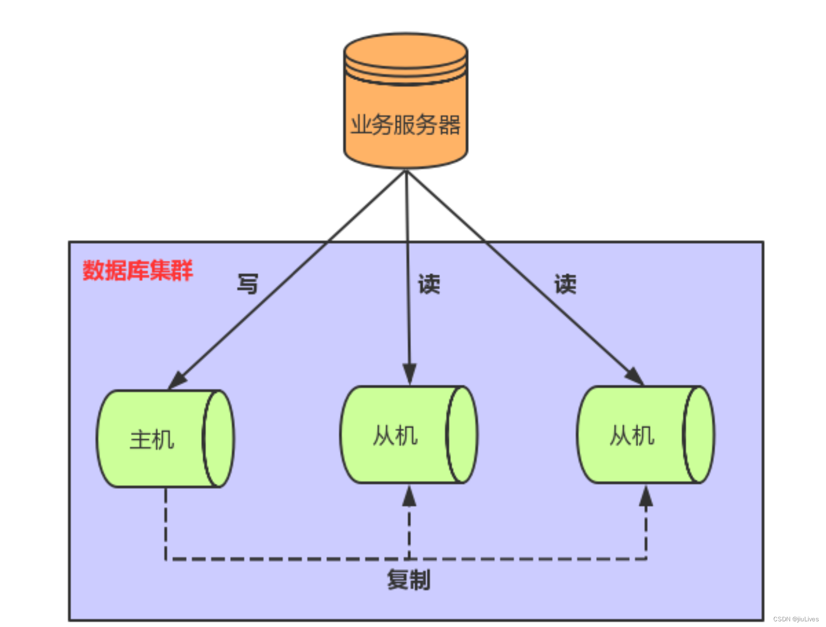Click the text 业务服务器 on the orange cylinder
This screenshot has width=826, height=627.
click(x=405, y=125)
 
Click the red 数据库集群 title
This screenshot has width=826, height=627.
click(x=138, y=270)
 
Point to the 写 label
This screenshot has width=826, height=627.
click(x=248, y=284)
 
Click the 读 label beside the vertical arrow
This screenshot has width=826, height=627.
click(x=429, y=284)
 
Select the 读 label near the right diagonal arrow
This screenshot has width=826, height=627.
click(x=565, y=284)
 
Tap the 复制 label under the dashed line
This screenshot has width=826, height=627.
click(x=409, y=580)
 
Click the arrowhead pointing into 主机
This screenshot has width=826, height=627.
click(x=178, y=380)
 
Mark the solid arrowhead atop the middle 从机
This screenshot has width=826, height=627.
click(x=410, y=374)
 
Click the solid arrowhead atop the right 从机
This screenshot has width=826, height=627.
click(x=634, y=376)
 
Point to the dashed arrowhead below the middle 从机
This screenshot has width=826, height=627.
click(x=409, y=496)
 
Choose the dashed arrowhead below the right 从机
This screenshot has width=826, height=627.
click(x=646, y=496)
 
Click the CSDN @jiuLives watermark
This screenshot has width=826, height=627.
click(x=796, y=619)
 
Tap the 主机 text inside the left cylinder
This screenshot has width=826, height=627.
click(x=152, y=440)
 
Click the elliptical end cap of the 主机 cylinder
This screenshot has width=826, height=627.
click(x=219, y=439)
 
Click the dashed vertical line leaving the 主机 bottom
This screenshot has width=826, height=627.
click(x=165, y=522)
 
